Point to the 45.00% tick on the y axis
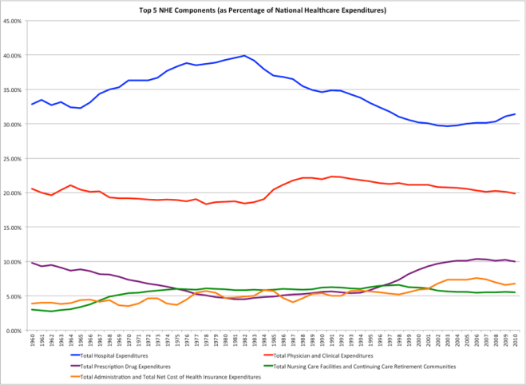click(12, 22)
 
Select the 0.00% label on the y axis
click(14, 330)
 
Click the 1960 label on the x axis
click(32, 342)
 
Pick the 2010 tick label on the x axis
click(516, 342)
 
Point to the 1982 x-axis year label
click(245, 342)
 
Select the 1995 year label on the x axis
click(371, 342)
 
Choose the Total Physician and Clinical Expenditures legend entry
click(326, 355)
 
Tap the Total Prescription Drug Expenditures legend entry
click(125, 366)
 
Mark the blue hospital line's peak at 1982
click(245, 56)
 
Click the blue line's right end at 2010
click(516, 114)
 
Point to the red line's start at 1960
click(32, 189)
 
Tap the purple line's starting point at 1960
click(32, 263)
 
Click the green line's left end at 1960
click(32, 309)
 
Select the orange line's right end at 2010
click(516, 284)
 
